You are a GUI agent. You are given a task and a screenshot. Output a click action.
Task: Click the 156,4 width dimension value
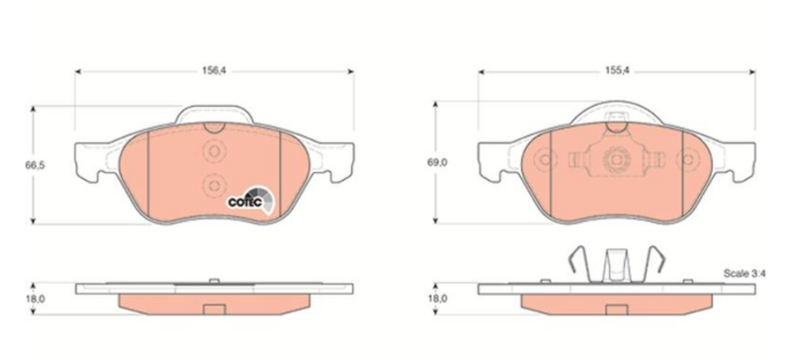[214, 71]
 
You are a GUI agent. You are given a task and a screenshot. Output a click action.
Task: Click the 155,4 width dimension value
[617, 71]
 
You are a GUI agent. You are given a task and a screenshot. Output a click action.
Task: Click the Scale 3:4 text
[745, 274]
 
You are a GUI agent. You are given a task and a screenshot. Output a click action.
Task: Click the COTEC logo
[250, 200]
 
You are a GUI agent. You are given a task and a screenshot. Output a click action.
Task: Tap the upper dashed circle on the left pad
[213, 151]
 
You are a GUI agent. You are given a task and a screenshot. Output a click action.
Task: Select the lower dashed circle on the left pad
[213, 184]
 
